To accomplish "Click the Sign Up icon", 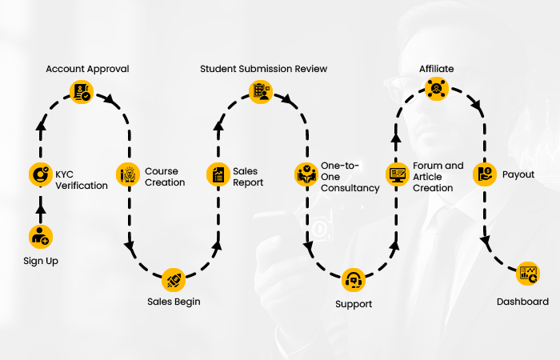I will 40,236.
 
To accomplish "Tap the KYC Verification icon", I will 40,174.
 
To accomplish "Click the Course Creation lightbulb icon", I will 128,174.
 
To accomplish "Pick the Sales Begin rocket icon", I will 173,279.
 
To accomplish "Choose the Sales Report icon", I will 218,174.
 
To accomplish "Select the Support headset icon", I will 353,281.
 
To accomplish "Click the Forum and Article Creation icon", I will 398,174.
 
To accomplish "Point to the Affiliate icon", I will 437,90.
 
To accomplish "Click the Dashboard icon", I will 528,274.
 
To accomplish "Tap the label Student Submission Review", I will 263,69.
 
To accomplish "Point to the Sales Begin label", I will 174,302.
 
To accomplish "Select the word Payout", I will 518,174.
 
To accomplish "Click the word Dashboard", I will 522,302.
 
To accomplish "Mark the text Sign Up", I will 40,261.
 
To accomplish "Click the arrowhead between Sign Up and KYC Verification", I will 40,207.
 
